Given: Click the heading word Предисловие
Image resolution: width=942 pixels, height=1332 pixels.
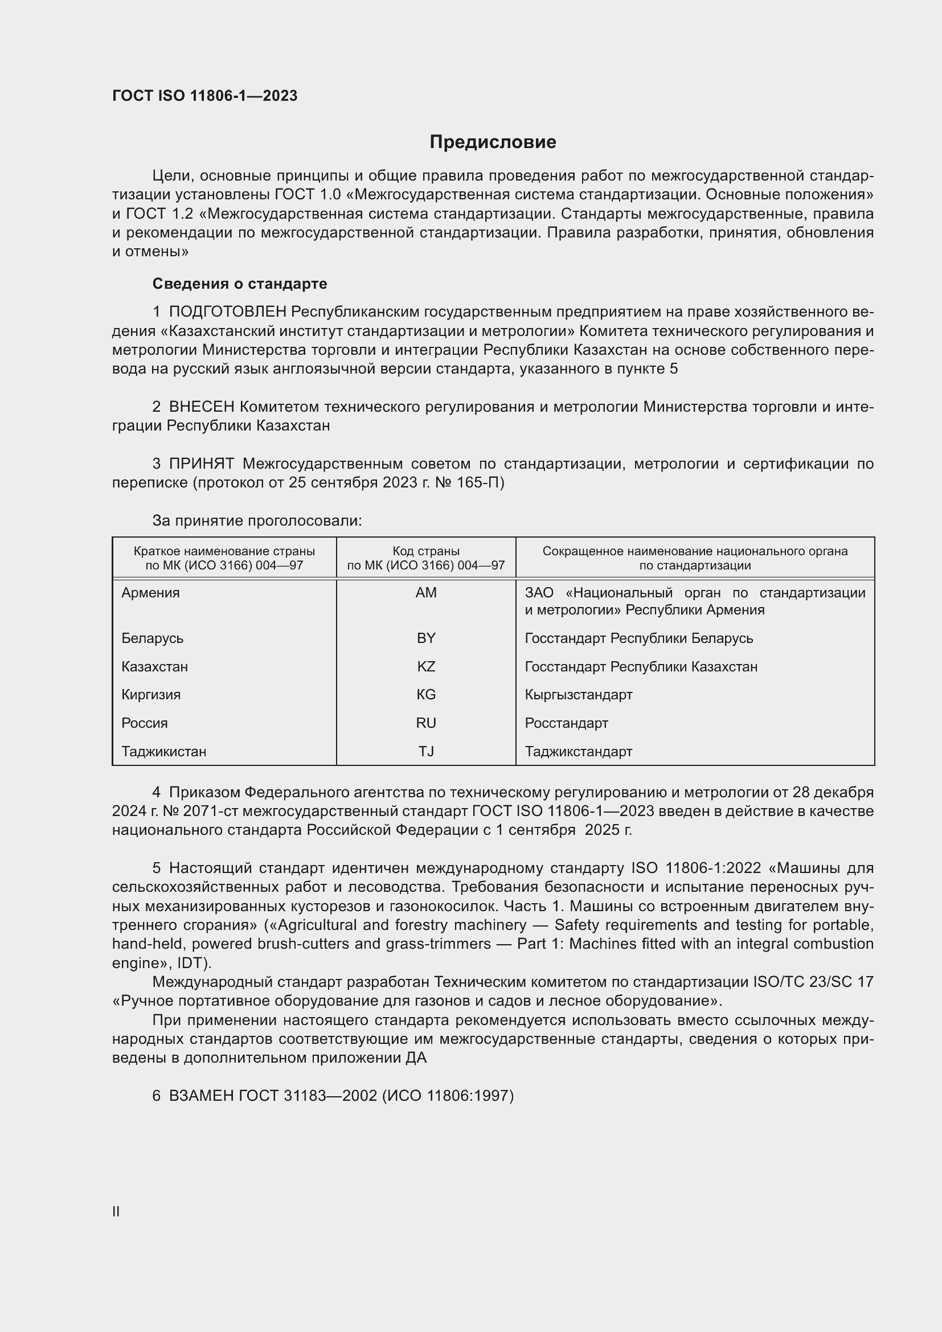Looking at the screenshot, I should click(493, 142).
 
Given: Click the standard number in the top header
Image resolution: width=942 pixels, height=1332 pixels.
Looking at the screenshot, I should click(205, 96).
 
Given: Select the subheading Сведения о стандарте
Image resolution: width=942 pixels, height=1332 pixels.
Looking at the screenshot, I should click(240, 284).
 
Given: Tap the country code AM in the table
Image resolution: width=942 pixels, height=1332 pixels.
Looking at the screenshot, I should click(426, 593).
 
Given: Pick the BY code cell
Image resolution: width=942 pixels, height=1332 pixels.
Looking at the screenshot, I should click(426, 638).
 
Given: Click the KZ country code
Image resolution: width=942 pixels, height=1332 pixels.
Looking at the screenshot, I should click(426, 667).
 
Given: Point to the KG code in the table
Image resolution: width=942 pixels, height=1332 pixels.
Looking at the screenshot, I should click(426, 694).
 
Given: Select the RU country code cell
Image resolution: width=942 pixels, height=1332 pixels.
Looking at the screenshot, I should click(426, 723).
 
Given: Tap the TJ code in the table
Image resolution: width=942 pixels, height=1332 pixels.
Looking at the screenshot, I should click(426, 751).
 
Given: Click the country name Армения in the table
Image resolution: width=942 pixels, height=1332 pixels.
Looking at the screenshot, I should click(151, 593).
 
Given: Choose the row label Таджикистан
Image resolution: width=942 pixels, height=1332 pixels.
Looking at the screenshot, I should click(163, 751).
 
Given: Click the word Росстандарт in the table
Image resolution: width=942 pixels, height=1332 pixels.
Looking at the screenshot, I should click(566, 723).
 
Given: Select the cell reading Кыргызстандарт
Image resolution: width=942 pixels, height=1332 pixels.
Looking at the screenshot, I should click(578, 694).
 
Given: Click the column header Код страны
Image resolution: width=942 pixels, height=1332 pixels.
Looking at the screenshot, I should click(426, 551).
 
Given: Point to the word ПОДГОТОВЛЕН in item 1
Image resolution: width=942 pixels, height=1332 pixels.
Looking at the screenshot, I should click(227, 312).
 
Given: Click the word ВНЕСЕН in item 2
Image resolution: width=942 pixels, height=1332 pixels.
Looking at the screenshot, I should click(201, 407).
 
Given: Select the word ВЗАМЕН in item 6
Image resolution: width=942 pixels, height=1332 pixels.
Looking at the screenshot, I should click(201, 1095).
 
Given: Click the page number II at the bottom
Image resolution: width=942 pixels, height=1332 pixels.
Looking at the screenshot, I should click(116, 1211).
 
